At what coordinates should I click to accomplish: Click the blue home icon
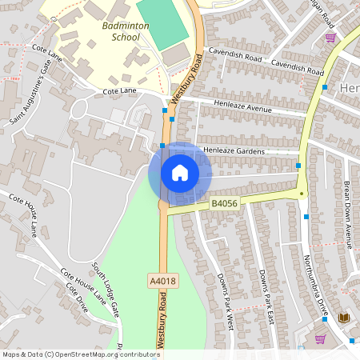click(179, 173)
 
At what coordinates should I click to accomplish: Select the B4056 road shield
click(225, 204)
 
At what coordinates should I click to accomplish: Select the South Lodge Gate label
click(105, 287)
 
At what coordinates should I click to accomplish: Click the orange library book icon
click(345, 318)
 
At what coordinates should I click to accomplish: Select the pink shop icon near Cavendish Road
click(330, 37)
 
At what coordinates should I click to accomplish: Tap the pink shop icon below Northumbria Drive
click(320, 338)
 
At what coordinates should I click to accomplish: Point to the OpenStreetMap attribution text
click(80, 354)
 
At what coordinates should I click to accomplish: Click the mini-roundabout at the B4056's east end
click(301, 192)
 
